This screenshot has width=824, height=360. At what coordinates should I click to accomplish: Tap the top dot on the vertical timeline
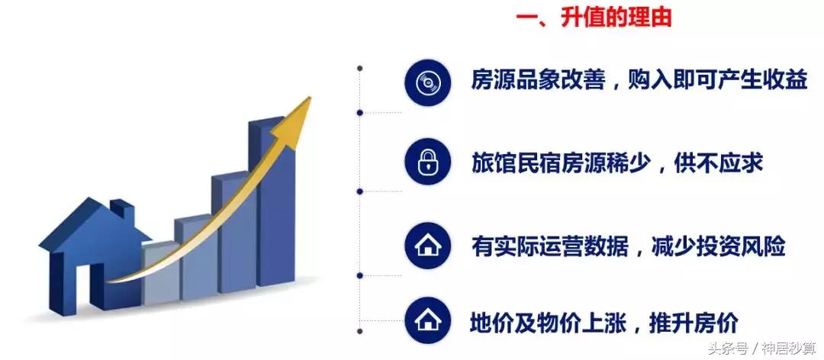[360, 68]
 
